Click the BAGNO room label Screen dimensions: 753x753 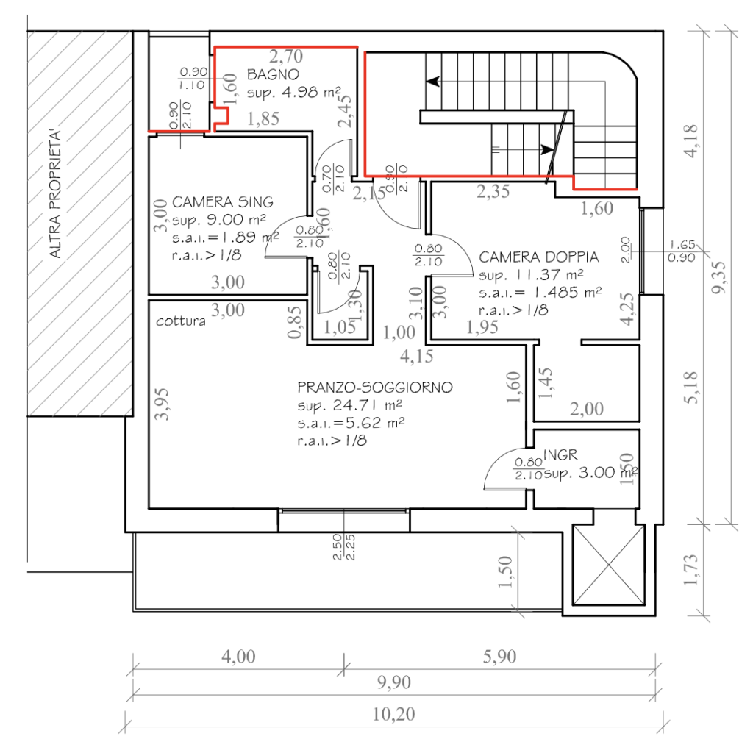273,74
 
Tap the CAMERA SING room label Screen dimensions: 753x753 223,201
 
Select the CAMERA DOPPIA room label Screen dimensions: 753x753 538,257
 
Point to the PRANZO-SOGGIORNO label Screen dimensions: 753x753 375,388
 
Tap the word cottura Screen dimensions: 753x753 181,321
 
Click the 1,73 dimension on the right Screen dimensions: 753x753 691,568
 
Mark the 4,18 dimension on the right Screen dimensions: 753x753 691,140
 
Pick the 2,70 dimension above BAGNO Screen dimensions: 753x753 285,56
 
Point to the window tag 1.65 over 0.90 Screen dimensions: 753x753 682,251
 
